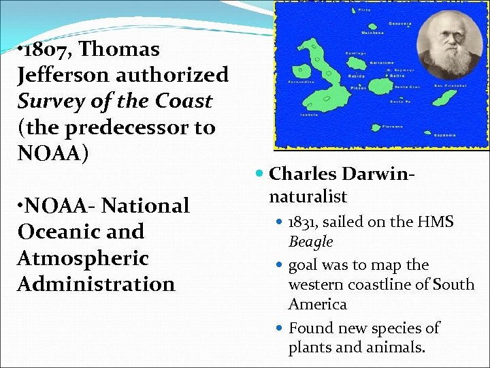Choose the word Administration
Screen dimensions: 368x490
tap(96, 283)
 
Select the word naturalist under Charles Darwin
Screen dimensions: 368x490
tap(308, 197)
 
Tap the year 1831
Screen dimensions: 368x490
tap(305, 222)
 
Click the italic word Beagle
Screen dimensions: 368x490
tap(310, 241)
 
